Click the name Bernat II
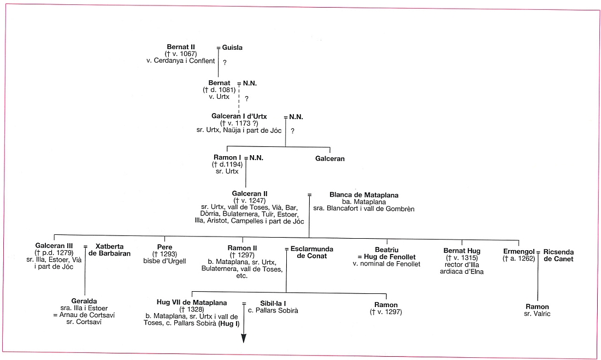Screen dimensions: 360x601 point(181,47)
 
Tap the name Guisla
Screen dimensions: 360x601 point(232,48)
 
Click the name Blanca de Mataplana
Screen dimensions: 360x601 point(364,195)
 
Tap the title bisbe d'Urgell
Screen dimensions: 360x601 point(164,261)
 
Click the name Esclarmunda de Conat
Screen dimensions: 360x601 point(309,252)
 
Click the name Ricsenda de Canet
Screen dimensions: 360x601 point(558,256)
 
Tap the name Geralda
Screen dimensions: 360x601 point(84,301)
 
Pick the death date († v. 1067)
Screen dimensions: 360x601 point(181,54)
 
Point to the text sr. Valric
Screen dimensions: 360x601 point(537,314)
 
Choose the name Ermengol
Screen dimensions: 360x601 point(518,252)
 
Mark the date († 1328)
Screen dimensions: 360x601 point(191,309)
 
